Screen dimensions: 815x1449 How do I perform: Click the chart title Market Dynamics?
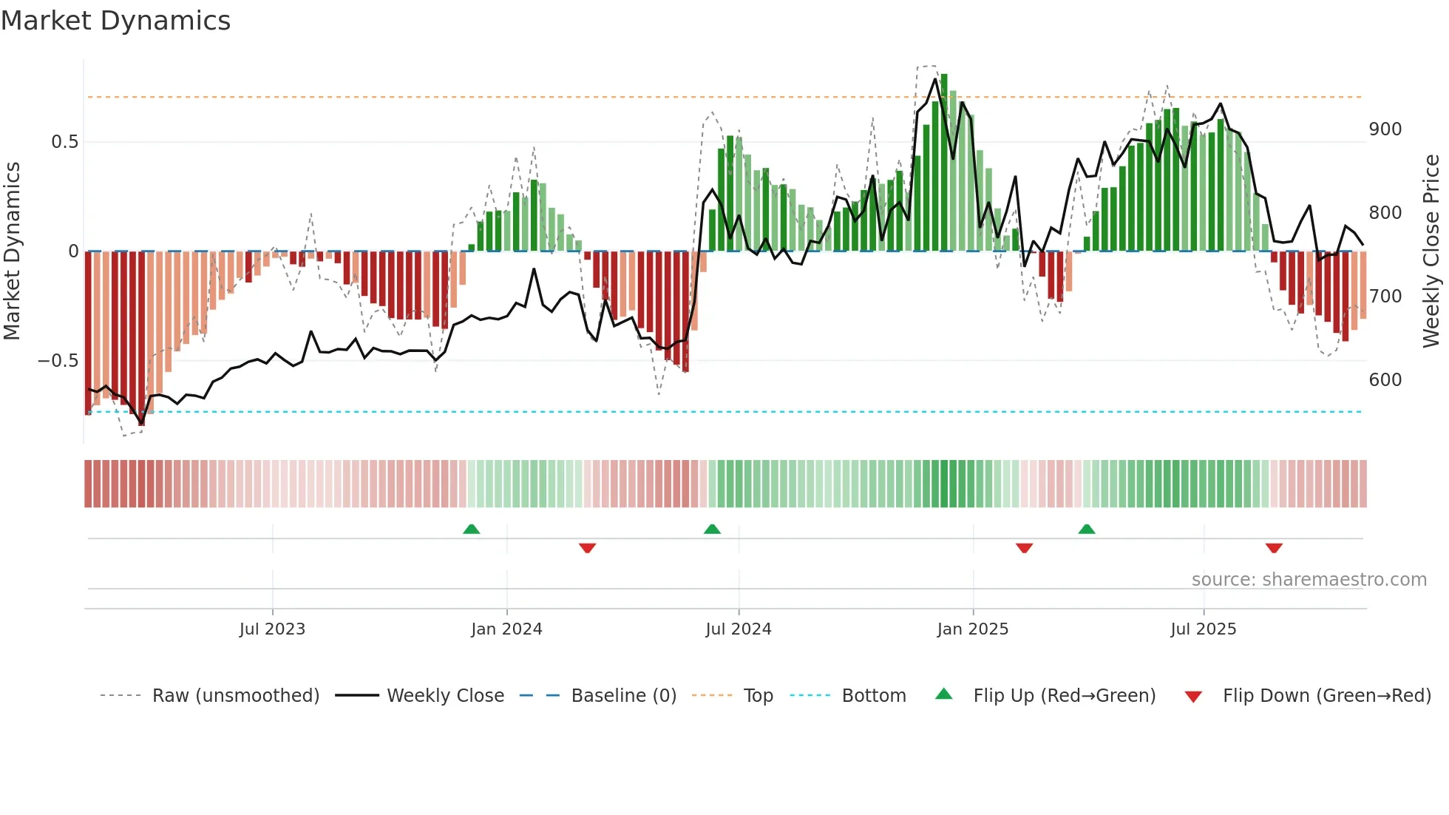tap(115, 21)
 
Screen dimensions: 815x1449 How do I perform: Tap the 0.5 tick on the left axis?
tap(64, 142)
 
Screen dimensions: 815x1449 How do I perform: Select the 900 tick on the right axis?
tap(1385, 129)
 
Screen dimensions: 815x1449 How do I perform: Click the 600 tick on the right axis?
tap(1385, 380)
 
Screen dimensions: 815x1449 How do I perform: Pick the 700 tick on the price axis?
tap(1385, 297)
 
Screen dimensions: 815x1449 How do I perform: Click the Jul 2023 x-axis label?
tap(272, 629)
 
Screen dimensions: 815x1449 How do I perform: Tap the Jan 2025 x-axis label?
tap(972, 629)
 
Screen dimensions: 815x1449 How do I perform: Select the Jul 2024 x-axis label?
tap(738, 629)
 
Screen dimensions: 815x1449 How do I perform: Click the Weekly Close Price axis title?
tap(1431, 251)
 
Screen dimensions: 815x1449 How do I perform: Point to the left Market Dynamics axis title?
tap(12, 251)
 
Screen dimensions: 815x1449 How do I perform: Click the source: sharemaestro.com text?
tap(1309, 580)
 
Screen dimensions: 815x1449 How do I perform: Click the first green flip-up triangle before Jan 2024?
tap(471, 529)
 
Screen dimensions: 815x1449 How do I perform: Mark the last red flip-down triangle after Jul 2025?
tap(1273, 548)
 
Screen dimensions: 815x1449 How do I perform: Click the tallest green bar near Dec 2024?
tap(944, 163)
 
